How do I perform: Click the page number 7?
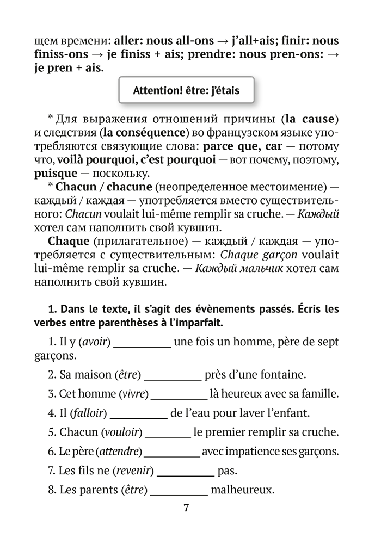pyautogui.click(x=186, y=509)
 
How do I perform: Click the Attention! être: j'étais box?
pyautogui.click(x=186, y=91)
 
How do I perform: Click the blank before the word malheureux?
pyautogui.click(x=179, y=491)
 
